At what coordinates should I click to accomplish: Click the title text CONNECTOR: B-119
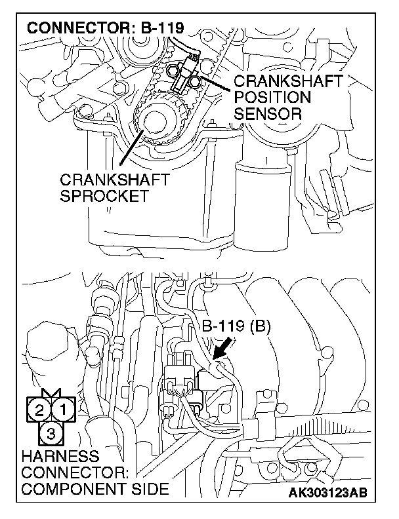[105, 29]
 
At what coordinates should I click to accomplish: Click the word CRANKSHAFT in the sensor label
[287, 82]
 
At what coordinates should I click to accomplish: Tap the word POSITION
[272, 97]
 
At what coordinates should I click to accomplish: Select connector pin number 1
[64, 412]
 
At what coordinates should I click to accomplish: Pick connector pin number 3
[52, 432]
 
